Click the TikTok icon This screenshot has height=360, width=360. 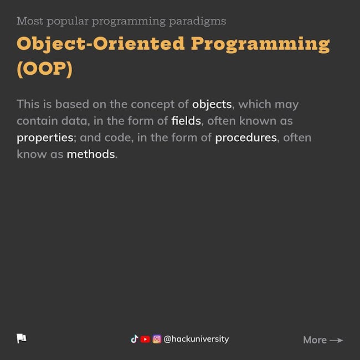point(135,339)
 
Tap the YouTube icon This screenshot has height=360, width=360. point(145,339)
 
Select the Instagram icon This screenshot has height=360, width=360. point(157,339)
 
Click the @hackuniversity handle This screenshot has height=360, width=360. point(196,339)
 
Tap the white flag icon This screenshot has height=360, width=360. point(22,338)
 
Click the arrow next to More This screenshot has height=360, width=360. point(336,340)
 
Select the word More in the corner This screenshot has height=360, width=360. point(315,340)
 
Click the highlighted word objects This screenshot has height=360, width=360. point(212,105)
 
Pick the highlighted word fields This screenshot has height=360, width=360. point(186,121)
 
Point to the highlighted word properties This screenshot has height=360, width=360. point(45,138)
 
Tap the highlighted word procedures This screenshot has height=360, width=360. point(246,138)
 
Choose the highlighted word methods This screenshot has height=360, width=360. point(91,154)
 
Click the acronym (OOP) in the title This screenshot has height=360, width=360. point(45,69)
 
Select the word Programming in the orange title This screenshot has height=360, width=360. point(260,44)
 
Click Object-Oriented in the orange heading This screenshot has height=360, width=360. point(101,44)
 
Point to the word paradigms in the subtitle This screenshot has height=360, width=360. point(198,22)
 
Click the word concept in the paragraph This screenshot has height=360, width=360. point(153,105)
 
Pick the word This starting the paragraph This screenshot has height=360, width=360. point(28,104)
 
